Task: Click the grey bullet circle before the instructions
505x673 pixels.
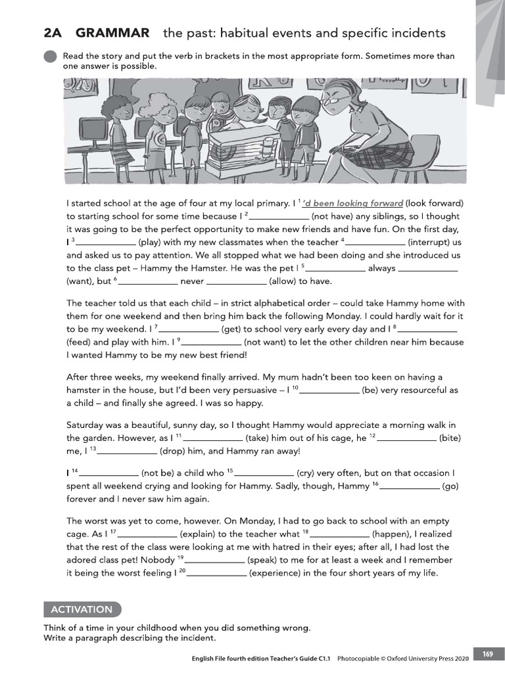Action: pos(51,58)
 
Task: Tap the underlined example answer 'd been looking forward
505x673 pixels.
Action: pos(353,202)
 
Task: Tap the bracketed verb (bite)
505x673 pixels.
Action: pos(450,438)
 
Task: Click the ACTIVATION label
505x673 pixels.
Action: pos(82,609)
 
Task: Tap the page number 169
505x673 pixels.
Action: pos(487,654)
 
